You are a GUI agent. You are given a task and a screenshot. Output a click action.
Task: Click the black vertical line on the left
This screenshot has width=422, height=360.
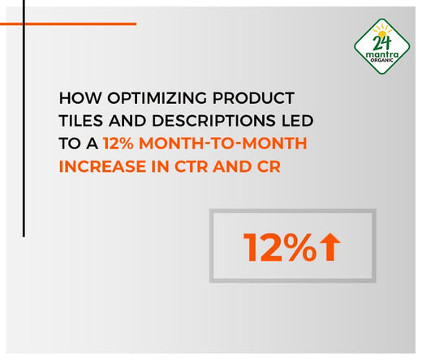[x=24, y=122]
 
